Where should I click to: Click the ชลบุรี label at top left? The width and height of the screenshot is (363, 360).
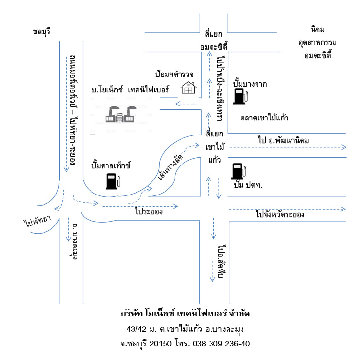click(42, 31)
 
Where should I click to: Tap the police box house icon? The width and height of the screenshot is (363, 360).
click(188, 88)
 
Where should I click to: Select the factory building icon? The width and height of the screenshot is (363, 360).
click(121, 114)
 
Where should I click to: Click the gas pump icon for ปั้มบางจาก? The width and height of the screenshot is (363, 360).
click(241, 96)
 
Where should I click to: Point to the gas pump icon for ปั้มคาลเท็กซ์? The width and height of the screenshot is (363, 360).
click(113, 181)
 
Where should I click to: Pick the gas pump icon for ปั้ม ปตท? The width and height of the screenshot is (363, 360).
click(239, 171)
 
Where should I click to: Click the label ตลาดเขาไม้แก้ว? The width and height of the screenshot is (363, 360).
click(264, 118)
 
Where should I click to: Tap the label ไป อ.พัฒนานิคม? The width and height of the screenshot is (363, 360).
click(283, 140)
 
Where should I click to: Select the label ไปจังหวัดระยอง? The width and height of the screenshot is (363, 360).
click(280, 214)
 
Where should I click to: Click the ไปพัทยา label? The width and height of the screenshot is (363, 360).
click(37, 221)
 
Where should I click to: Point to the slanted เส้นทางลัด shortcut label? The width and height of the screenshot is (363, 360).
click(170, 167)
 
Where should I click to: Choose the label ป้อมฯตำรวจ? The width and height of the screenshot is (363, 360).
click(174, 74)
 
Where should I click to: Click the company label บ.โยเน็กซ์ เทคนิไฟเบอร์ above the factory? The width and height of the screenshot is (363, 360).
click(130, 89)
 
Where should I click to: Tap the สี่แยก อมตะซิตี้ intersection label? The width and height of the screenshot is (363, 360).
click(213, 41)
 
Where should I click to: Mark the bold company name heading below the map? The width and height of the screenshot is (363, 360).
click(185, 314)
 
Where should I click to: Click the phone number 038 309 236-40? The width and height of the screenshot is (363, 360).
click(221, 344)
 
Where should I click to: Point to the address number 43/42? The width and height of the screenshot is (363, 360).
click(136, 329)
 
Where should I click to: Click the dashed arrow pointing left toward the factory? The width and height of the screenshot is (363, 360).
click(186, 104)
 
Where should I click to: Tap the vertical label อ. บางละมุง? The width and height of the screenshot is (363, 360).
click(74, 241)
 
